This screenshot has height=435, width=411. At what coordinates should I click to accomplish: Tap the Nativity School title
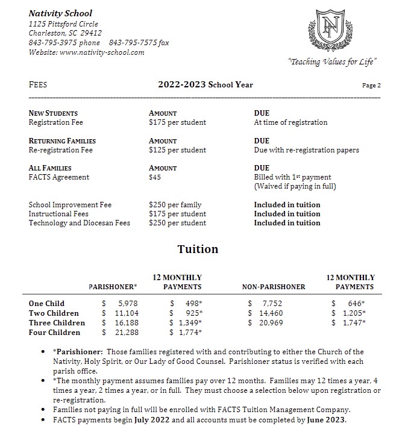[x=60, y=13]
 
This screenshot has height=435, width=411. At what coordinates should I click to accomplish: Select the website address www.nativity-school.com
[x=102, y=52]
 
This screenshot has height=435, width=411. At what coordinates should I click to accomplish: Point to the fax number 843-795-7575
[x=139, y=43]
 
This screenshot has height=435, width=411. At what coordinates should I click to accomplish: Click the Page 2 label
[x=371, y=86]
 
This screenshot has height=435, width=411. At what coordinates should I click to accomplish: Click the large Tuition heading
[x=198, y=249]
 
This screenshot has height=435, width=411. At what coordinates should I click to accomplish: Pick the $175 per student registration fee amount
[x=177, y=122]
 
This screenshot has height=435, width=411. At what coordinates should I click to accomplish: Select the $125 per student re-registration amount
[x=177, y=150]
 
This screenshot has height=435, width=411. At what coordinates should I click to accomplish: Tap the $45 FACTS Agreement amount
[x=155, y=178]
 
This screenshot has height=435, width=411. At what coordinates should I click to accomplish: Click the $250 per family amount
[x=175, y=205]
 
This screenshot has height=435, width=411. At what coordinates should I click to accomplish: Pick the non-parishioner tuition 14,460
[x=270, y=313]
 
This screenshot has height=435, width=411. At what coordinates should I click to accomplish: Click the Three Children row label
[x=57, y=323]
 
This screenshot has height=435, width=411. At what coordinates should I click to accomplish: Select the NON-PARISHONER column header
[x=274, y=287]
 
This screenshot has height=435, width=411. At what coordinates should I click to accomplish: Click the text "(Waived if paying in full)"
[x=295, y=187]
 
